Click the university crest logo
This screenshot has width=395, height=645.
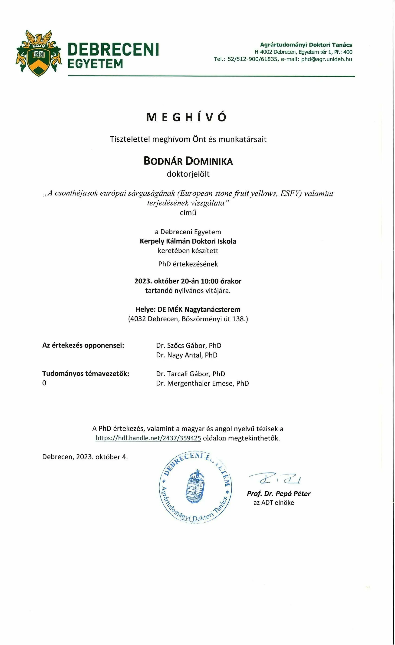coord(39,53)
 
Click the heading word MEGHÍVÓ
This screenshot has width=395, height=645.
coord(186,117)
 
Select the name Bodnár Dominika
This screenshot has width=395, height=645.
coord(188,161)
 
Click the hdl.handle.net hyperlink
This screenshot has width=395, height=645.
coord(148,438)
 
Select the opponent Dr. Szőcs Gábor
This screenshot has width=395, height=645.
coord(188,346)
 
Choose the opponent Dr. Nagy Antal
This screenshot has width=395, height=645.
coord(187,355)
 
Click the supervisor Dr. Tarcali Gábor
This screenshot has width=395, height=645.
coord(190,374)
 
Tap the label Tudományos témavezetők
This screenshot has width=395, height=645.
coord(86,374)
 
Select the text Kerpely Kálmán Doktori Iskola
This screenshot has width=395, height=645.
coord(188,241)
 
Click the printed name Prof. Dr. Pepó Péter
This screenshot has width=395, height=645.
coord(279,494)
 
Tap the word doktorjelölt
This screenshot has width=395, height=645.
coord(188,174)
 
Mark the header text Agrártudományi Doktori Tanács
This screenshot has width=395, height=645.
coord(306,45)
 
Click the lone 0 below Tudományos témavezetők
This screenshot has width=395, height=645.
coord(44,383)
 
